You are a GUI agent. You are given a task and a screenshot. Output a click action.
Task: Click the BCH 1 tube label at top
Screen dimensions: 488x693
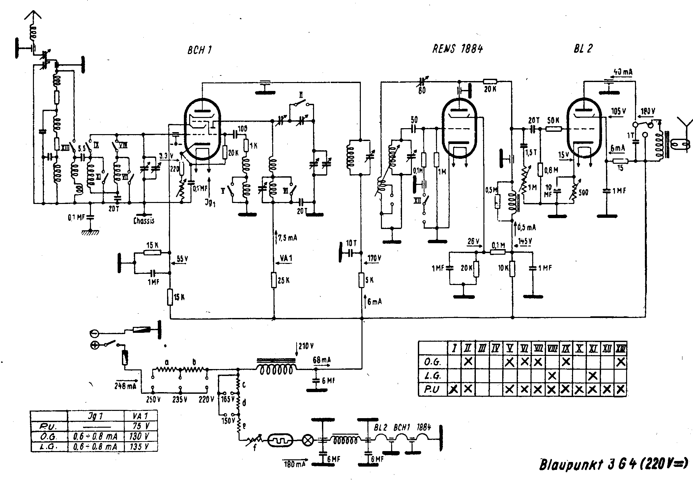(199, 50)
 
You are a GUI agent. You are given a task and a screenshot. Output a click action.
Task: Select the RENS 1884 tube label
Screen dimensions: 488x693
(457, 49)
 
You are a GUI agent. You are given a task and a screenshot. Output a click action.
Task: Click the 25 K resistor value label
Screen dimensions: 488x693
(283, 280)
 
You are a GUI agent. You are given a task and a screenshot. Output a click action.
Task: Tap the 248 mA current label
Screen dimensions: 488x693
(125, 386)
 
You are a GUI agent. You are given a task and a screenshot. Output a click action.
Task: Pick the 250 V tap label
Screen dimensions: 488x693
(153, 400)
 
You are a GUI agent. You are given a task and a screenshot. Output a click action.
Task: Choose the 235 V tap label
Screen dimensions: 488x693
(180, 400)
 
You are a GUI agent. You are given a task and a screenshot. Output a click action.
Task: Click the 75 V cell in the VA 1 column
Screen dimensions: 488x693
(141, 426)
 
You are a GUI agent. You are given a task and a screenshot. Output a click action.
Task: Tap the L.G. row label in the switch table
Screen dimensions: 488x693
(432, 376)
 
